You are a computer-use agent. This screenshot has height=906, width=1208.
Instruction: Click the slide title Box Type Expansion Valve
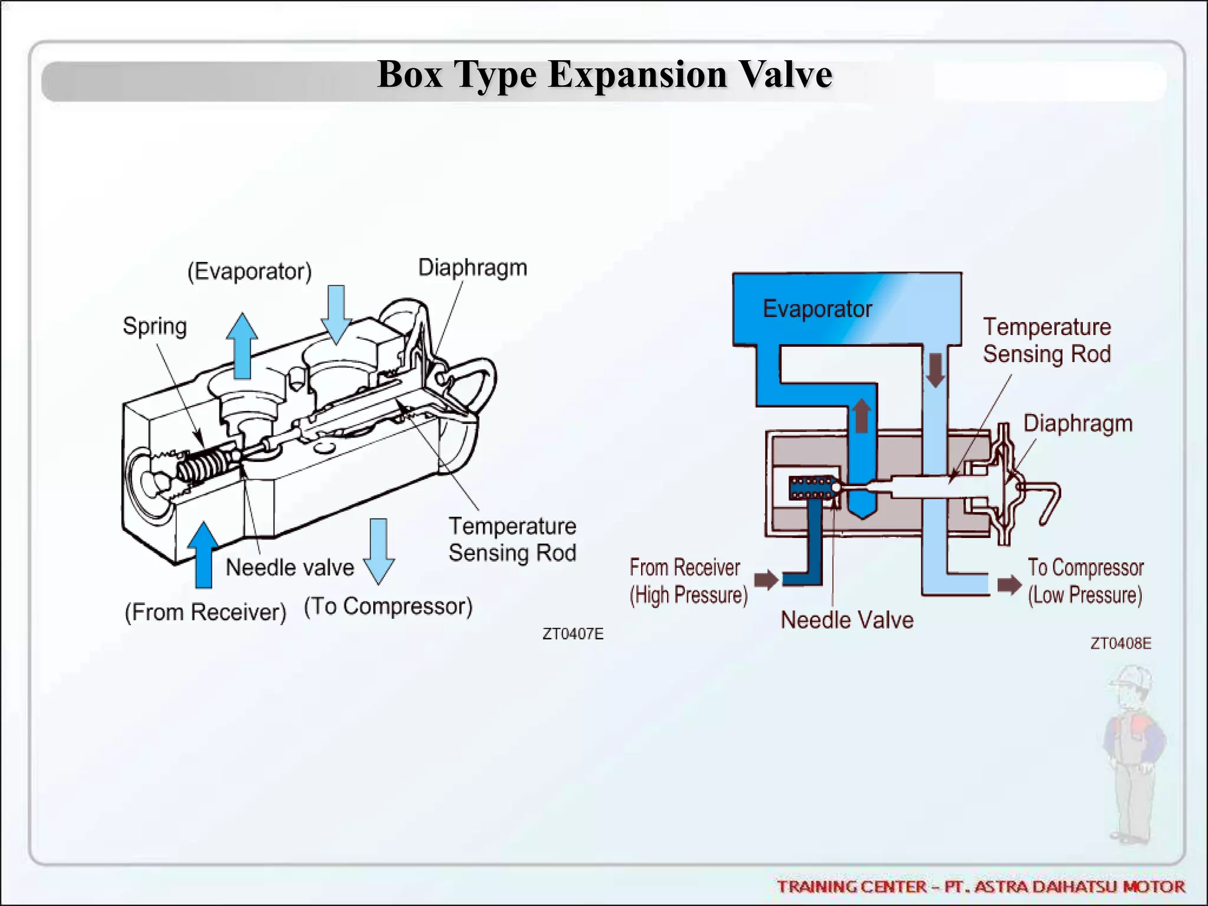tap(604, 75)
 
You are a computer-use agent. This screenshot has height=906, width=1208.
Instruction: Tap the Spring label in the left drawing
tap(155, 326)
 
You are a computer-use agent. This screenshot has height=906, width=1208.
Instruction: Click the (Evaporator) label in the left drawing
tap(250, 271)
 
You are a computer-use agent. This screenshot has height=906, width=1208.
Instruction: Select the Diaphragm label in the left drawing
tap(472, 268)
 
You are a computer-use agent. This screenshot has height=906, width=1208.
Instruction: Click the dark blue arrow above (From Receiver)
tap(204, 554)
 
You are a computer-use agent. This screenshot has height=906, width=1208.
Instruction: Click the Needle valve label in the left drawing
tap(290, 567)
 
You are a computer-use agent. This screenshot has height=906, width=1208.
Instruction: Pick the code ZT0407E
tap(573, 634)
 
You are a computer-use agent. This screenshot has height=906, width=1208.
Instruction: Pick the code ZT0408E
tap(1120, 644)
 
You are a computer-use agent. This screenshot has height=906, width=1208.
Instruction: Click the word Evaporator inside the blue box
tap(817, 309)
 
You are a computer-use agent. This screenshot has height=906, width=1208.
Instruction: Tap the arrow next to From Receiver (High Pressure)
tap(766, 580)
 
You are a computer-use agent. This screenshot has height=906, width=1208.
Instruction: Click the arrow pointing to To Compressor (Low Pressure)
tap(1009, 585)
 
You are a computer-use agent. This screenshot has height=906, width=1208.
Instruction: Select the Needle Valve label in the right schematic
tap(847, 620)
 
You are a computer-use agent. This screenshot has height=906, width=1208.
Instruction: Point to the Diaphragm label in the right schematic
tap(1078, 424)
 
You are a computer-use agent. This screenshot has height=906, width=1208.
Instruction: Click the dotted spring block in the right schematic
tap(810, 487)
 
